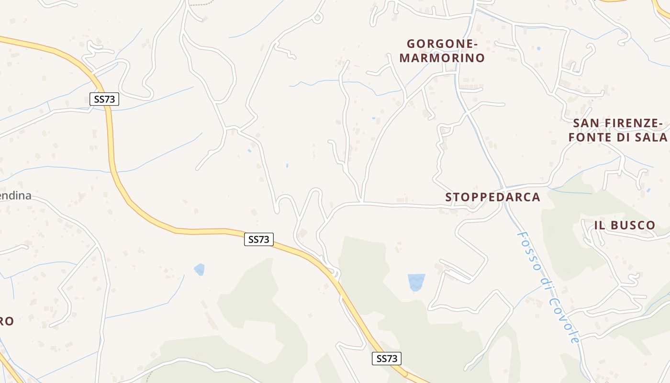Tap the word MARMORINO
pyautogui.click(x=442, y=58)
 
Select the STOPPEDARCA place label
pyautogui.click(x=492, y=197)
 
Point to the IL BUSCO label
pyautogui.click(x=625, y=225)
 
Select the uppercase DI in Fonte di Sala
pyautogui.click(x=622, y=137)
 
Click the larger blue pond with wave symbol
pyautogui.click(x=416, y=282)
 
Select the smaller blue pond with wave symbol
pyautogui.click(x=199, y=270)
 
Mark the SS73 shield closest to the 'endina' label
pyautogui.click(x=104, y=99)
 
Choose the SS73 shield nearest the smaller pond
pyautogui.click(x=259, y=239)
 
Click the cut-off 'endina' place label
pyautogui.click(x=15, y=196)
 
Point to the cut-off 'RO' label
pyautogui.click(x=6, y=321)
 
